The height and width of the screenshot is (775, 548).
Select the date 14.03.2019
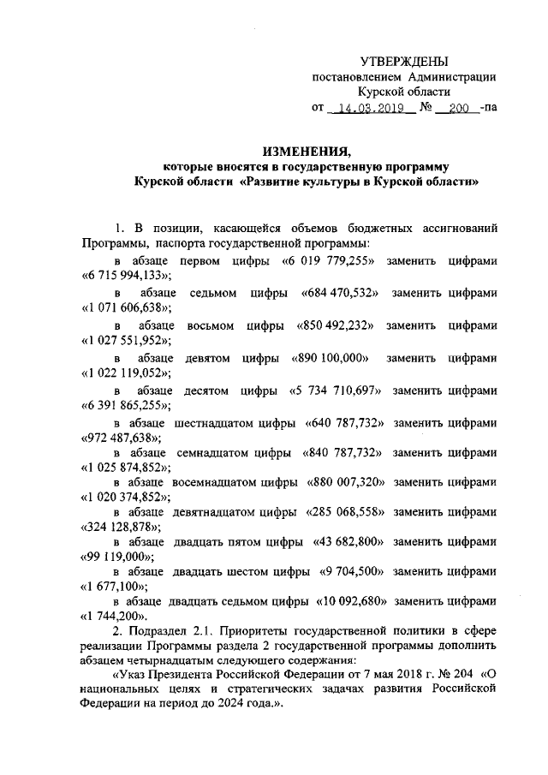(x=370, y=110)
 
